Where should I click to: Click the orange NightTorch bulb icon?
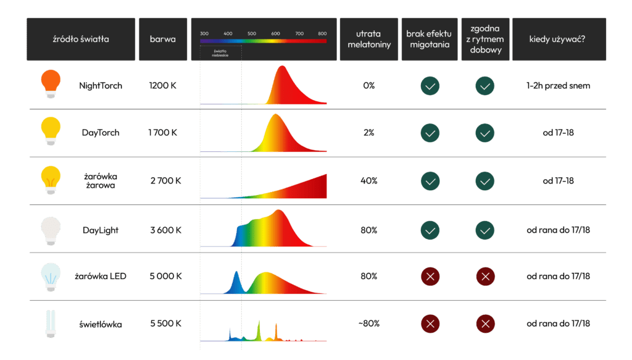pos(51,85)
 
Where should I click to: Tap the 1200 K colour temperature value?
pos(162,86)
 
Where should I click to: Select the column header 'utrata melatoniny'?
pos(369,39)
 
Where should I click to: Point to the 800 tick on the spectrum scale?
pos(322,33)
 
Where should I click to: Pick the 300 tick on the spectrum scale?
pos(205,33)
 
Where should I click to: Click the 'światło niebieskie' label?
pos(220,52)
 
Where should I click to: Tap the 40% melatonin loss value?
pos(369,181)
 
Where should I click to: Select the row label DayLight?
pos(101,230)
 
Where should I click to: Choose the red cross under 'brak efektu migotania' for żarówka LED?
pos(430,276)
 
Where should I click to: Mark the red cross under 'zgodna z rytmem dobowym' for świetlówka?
pos(484,323)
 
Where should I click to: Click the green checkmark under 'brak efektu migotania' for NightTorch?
pos(430,86)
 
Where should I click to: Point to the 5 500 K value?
pos(165,324)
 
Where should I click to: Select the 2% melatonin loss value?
pos(369,133)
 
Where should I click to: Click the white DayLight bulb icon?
pos(51,229)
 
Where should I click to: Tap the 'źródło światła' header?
pos(81,39)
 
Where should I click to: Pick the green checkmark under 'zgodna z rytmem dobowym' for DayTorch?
pos(484,133)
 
